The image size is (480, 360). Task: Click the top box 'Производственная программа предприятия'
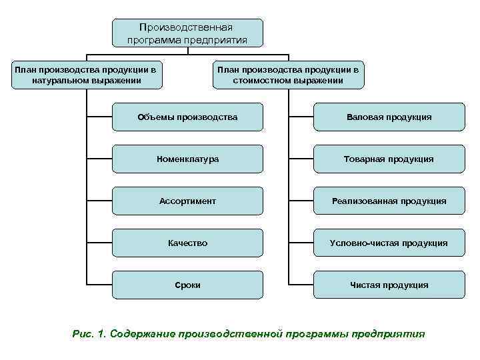187,33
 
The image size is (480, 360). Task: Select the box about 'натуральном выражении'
87,75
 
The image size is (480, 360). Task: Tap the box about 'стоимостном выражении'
288,75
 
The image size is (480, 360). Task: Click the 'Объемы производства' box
187,117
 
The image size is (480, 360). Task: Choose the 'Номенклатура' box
187,159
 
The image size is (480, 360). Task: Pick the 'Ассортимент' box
187,201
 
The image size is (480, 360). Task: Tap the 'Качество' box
187,243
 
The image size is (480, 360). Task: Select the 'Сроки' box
187,285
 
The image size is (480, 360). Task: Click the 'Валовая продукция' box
389,117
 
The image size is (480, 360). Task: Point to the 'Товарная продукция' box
389,159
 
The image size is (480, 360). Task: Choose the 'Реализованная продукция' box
389,201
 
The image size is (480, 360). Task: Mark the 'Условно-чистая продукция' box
389,243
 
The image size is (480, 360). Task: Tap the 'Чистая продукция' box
389,285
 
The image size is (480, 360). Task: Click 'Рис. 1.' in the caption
89,333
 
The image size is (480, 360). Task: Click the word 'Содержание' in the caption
143,333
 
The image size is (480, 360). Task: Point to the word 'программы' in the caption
320,333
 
